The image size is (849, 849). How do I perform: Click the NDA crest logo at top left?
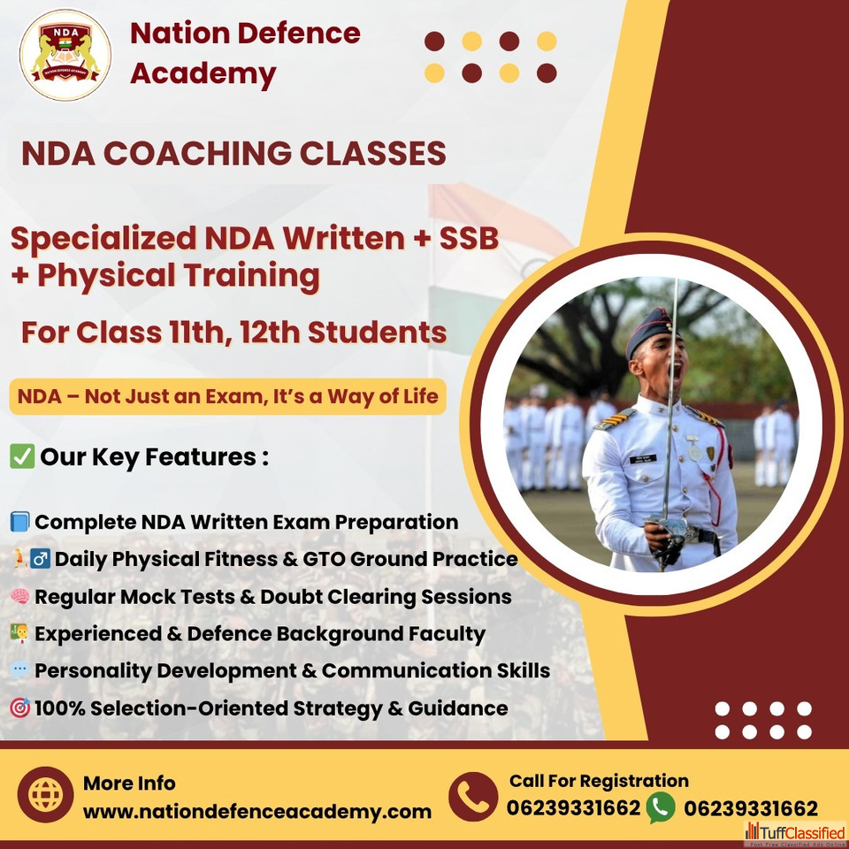(65, 55)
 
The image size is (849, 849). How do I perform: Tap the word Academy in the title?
(203, 73)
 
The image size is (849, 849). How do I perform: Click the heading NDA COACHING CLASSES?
(233, 153)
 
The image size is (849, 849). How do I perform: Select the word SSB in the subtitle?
(469, 238)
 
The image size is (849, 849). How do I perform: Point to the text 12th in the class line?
(270, 332)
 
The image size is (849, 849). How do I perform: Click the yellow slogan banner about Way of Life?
(228, 396)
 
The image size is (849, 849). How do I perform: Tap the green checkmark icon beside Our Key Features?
(22, 456)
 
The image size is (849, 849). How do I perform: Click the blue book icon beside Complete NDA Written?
(19, 522)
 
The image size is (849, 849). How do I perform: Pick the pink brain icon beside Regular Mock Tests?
(19, 596)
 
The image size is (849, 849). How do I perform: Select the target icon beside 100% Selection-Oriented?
(20, 707)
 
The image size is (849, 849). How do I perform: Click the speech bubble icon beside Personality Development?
(19, 669)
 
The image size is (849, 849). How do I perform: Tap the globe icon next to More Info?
(45, 795)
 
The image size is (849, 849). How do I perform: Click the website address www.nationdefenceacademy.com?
(257, 812)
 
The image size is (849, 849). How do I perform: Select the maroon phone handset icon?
(472, 797)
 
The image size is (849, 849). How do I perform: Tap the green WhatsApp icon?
(660, 807)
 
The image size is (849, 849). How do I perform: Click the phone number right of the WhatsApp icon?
(751, 808)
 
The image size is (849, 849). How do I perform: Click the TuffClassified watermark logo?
(795, 833)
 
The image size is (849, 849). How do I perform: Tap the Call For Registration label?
(599, 781)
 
